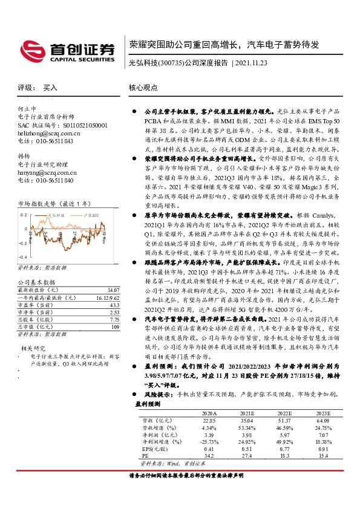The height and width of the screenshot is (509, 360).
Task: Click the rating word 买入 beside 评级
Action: click(x=50, y=88)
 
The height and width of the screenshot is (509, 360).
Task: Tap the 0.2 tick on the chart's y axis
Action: click(x=24, y=215)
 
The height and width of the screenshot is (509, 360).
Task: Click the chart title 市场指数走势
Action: click(x=38, y=204)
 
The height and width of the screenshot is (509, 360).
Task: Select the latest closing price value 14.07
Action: click(x=113, y=291)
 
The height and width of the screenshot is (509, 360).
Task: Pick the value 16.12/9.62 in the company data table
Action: click(x=106, y=298)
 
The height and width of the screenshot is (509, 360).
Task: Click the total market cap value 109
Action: click(x=114, y=327)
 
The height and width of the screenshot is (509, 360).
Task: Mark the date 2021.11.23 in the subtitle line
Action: click(x=250, y=62)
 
